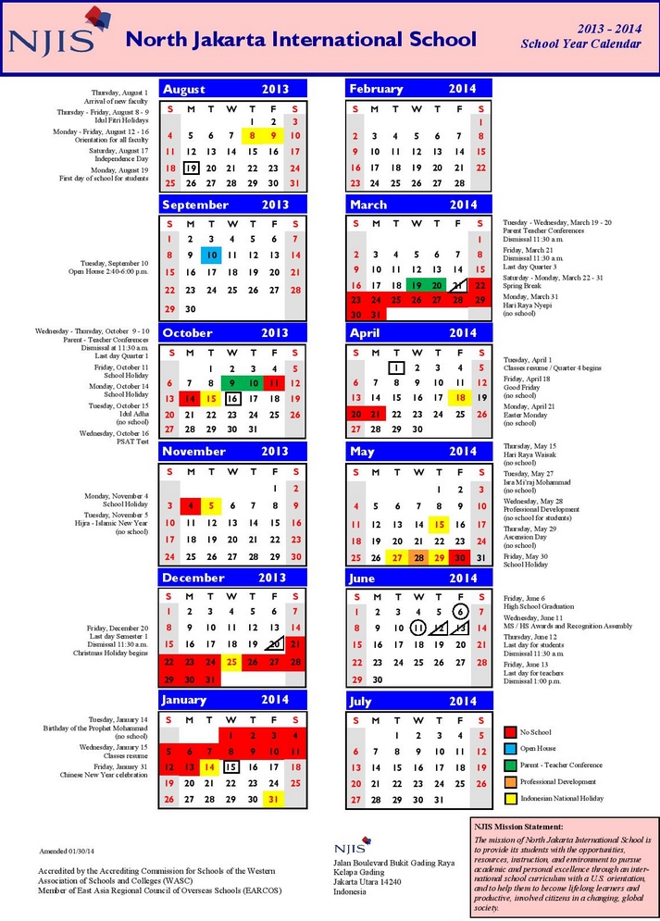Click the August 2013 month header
pos(232,89)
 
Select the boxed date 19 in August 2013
pos(191,168)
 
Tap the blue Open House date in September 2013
pos(211,255)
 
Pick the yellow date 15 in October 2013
pos(211,398)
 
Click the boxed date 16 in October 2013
pos(232,398)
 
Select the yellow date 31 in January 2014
pos(274,799)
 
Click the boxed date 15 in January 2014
pos(232,765)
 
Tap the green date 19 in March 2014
pos(417,286)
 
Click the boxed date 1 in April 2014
pos(396,367)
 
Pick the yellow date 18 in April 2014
pos(459,398)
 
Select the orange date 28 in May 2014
pos(417,557)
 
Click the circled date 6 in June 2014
pos(460,611)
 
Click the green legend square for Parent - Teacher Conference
pos(510,765)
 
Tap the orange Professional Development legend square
pos(510,781)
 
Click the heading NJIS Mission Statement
pos(517,826)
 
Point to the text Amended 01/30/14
pos(71,850)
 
